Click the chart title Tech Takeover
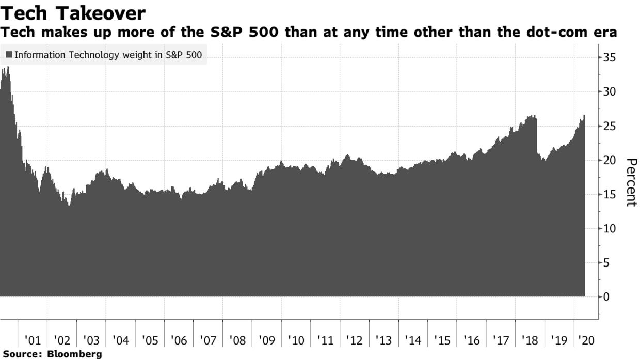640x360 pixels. pos(73,13)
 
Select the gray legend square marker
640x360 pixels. pos(9,55)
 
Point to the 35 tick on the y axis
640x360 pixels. pos(609,57)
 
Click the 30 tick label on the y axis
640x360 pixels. pos(609,92)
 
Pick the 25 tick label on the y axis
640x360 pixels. pos(609,126)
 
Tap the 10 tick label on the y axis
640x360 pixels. pos(609,228)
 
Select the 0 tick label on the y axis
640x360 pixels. pos(606,297)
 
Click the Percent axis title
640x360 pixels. pos(631,182)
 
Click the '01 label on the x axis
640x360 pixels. pos(33,341)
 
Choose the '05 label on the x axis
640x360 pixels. pos(150,341)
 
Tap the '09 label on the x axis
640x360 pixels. pos(267,341)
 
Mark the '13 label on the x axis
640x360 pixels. pos(384,341)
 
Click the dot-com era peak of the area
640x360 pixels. pos(7,68)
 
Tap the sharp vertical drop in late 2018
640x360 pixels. pos(537,137)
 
